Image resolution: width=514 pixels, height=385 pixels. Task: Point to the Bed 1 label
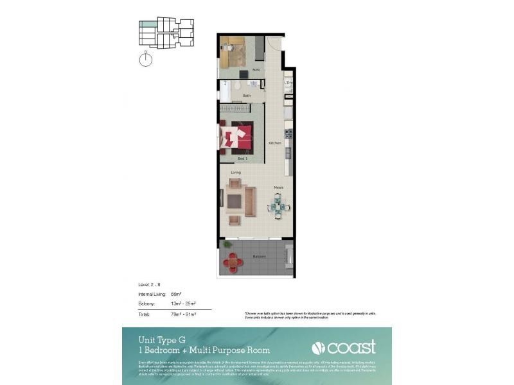coord(242,158)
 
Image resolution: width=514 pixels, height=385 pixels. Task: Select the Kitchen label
coord(275,142)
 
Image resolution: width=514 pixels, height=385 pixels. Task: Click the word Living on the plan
coord(236,173)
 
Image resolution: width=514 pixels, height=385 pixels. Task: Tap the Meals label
coord(278,187)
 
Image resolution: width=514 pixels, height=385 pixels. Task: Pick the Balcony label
coord(259,257)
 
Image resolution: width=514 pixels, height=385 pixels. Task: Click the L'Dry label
coord(288,83)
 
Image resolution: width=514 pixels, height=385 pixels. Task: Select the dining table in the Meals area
coord(279,207)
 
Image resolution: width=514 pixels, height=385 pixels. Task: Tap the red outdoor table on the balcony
coord(233,261)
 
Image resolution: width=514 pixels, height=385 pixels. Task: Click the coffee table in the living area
coord(235,202)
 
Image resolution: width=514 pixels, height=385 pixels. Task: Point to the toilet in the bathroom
coord(236,86)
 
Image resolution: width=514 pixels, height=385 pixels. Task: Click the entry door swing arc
coord(274,44)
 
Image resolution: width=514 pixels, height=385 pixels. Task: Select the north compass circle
coord(146,60)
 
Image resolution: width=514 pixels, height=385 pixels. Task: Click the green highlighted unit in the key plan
coord(148,24)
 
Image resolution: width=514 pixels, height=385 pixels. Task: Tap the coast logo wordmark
coord(351,348)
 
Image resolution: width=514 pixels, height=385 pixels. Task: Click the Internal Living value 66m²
coord(175,294)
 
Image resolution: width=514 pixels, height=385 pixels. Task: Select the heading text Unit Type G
coord(162,340)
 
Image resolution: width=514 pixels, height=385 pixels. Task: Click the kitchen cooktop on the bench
coord(288,134)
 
